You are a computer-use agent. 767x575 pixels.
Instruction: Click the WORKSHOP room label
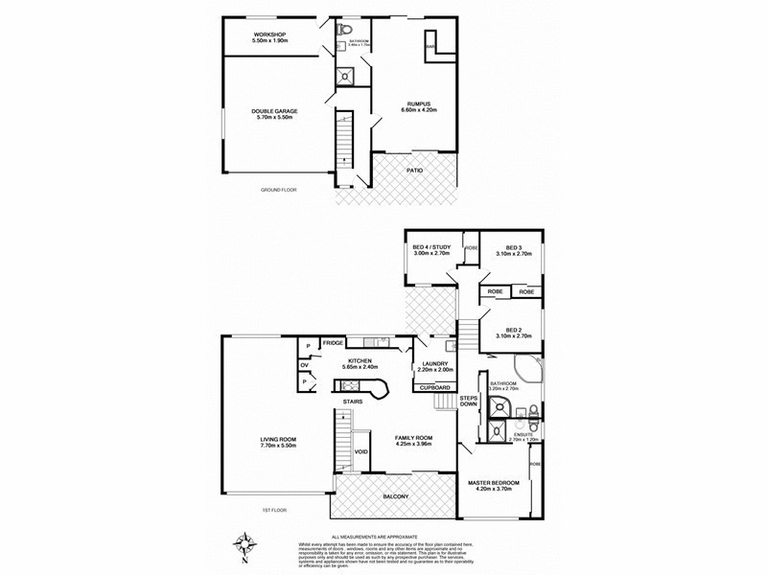[269, 34]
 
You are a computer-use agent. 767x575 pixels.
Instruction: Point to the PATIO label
[413, 170]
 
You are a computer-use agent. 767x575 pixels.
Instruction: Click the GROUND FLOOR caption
[279, 191]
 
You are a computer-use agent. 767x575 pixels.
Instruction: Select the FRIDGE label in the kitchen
[333, 343]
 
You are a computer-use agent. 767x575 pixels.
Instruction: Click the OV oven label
[304, 364]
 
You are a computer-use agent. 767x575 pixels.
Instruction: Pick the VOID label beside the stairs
[361, 451]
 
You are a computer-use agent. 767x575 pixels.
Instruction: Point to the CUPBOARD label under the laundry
[435, 387]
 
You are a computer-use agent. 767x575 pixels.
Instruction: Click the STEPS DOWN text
[468, 401]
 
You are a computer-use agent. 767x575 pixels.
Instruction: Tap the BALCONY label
[395, 496]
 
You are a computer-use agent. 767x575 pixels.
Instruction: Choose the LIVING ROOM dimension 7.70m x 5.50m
[278, 446]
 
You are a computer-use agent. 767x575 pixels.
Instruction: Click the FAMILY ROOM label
[414, 437]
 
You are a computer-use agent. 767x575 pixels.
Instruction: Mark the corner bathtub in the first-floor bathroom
[528, 375]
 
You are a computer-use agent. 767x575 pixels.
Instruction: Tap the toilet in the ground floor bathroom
[344, 30]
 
